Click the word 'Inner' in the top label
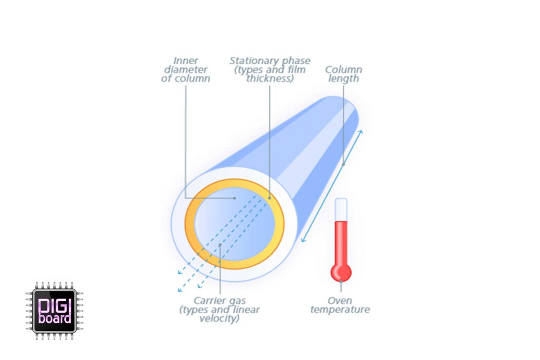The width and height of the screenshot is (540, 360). click(x=186, y=61)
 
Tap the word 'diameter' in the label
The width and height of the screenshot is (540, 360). click(x=186, y=70)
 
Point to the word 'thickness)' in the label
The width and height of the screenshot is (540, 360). click(x=270, y=79)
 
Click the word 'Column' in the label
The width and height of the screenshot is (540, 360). click(x=343, y=70)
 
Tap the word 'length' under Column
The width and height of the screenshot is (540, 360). click(x=343, y=79)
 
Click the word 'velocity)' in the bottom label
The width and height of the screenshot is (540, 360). click(x=219, y=319)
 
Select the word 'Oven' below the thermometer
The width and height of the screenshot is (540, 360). click(x=340, y=301)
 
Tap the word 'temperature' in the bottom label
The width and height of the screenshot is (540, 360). click(x=340, y=310)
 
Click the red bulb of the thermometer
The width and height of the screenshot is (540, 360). click(x=341, y=272)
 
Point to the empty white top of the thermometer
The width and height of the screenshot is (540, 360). click(x=341, y=209)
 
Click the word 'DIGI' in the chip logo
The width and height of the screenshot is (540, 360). click(x=54, y=306)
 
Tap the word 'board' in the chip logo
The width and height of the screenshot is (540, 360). click(x=55, y=318)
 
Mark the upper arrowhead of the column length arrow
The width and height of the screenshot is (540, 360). click(x=361, y=132)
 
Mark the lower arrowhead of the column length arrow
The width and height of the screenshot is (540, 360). click(x=303, y=240)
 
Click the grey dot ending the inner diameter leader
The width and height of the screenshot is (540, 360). click(x=235, y=198)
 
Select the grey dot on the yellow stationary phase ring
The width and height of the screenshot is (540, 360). click(x=269, y=198)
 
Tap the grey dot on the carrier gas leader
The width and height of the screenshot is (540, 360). click(x=220, y=245)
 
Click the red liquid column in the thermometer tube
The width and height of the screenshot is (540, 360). click(x=341, y=242)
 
